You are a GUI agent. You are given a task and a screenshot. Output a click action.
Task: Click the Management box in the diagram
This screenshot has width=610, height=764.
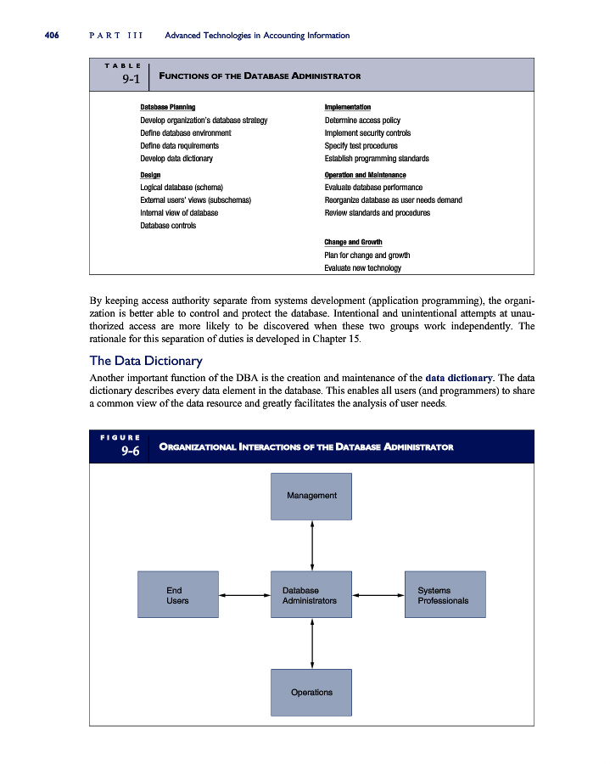pyautogui.click(x=311, y=496)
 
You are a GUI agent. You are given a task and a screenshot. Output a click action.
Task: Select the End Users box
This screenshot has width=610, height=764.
pyautogui.click(x=178, y=594)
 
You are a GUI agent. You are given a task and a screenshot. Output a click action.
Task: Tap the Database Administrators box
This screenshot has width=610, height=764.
pyautogui.click(x=311, y=594)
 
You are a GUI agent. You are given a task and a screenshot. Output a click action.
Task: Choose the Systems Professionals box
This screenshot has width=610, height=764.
pyautogui.click(x=445, y=594)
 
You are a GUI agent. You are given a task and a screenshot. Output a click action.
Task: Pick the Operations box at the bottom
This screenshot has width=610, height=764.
pyautogui.click(x=311, y=692)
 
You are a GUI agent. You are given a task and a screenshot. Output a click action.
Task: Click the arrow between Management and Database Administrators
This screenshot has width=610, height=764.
pyautogui.click(x=312, y=545)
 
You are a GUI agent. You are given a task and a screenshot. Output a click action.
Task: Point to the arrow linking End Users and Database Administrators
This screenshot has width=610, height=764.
pyautogui.click(x=244, y=595)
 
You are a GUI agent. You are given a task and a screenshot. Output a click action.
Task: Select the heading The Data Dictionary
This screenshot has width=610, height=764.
pyautogui.click(x=146, y=361)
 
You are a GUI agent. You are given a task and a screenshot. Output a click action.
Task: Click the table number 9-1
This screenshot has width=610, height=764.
pyautogui.click(x=131, y=80)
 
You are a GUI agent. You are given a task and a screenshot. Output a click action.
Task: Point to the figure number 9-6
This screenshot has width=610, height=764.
pyautogui.click(x=131, y=452)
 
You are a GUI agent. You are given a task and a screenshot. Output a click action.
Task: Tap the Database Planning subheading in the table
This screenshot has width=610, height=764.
pyautogui.click(x=167, y=107)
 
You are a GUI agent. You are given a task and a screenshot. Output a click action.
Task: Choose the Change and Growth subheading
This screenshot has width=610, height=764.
pyautogui.click(x=353, y=243)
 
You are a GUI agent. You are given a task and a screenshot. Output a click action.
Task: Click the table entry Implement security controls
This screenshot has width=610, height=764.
pyautogui.click(x=367, y=133)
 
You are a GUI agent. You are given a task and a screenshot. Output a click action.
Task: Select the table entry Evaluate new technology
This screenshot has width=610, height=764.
pyautogui.click(x=362, y=268)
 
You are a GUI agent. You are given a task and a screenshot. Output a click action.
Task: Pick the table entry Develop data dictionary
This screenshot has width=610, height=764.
pyautogui.click(x=176, y=159)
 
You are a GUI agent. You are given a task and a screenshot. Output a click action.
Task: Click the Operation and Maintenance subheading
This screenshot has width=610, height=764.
pyautogui.click(x=365, y=175)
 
